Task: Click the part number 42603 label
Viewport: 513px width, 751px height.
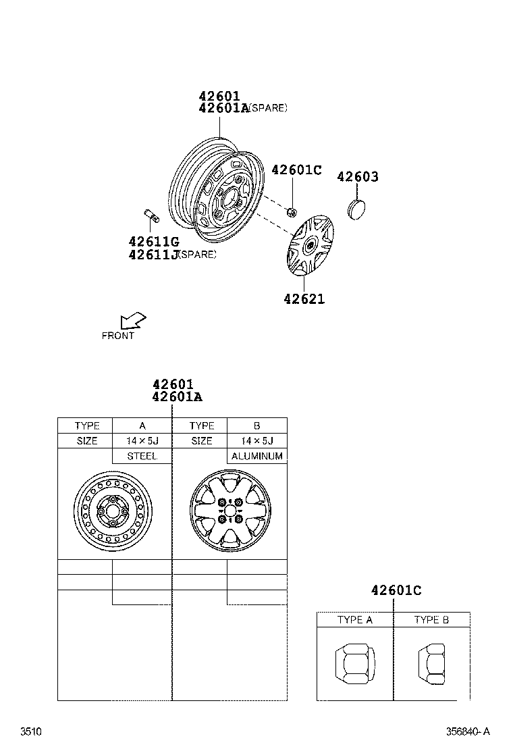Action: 357,177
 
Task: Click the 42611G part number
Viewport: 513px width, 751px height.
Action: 153,242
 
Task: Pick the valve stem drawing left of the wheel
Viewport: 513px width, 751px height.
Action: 151,215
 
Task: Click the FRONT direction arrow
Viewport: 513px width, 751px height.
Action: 132,320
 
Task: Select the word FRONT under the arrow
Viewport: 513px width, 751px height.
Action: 118,336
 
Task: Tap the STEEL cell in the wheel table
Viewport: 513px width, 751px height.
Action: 142,457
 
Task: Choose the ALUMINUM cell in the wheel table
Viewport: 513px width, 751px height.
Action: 256,457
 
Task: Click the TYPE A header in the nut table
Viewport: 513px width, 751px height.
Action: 355,620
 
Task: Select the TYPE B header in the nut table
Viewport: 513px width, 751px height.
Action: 431,620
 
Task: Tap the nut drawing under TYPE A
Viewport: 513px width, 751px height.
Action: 354,663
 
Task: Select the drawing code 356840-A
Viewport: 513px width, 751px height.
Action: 467,731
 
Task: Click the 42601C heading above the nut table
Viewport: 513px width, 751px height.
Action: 396,591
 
